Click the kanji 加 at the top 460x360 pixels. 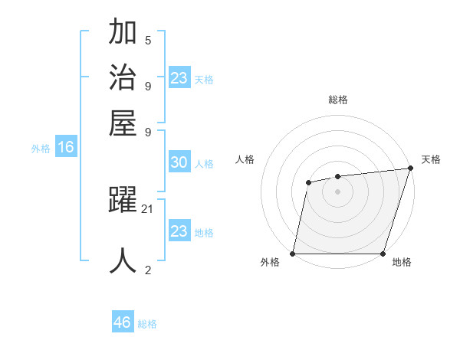[x=123, y=32]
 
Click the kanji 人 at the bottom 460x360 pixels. [x=123, y=260]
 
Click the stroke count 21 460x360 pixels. [x=148, y=208]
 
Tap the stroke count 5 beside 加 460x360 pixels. [x=148, y=40]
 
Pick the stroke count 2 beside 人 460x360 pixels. [x=148, y=269]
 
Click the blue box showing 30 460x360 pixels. [x=179, y=162]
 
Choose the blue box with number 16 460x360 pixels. [x=66, y=148]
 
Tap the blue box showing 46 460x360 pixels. [x=123, y=322]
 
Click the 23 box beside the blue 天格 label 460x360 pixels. [x=179, y=78]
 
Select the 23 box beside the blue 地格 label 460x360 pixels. [x=179, y=231]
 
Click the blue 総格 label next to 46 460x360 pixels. [x=147, y=324]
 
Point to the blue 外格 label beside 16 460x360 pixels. [x=41, y=149]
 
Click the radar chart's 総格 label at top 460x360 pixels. [x=338, y=100]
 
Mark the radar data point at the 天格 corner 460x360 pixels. [x=410, y=169]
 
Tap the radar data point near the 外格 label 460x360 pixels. [x=293, y=254]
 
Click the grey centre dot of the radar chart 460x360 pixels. [x=338, y=191]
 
